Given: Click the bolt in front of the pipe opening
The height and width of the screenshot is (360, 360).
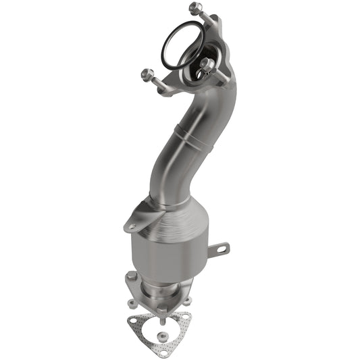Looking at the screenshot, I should coord(207,65).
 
